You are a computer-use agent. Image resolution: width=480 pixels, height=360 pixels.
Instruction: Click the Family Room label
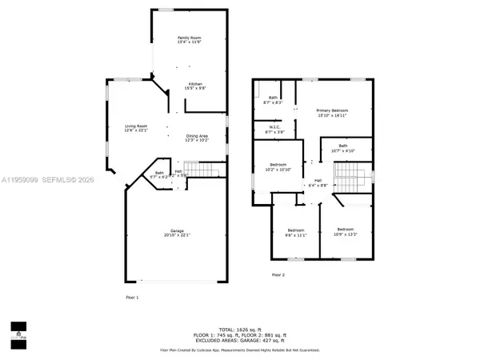[x=189, y=38]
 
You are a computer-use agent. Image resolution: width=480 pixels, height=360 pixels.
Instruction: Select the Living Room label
[x=135, y=126]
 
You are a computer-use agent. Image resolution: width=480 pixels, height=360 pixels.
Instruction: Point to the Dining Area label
[x=197, y=137]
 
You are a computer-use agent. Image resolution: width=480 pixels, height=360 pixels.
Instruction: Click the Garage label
[x=178, y=231]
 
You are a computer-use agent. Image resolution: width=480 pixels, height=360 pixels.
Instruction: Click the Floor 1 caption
[x=132, y=298]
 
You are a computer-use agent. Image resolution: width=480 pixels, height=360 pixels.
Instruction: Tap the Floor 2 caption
[x=278, y=274]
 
